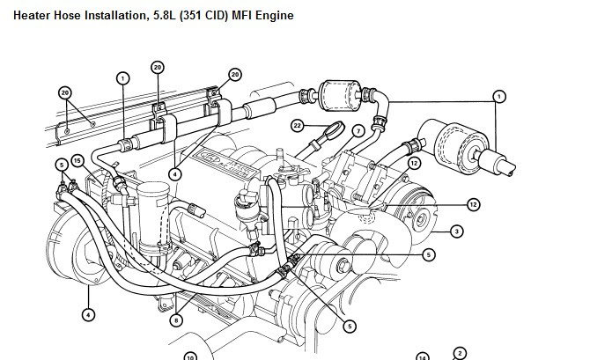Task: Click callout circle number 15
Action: tap(77, 160)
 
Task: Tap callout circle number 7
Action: tap(358, 131)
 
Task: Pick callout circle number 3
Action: tap(457, 231)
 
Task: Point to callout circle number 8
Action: tap(176, 320)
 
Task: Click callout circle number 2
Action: tap(458, 353)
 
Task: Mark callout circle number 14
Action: tap(423, 356)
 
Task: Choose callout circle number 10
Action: tap(188, 356)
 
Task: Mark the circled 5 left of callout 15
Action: tap(61, 164)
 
